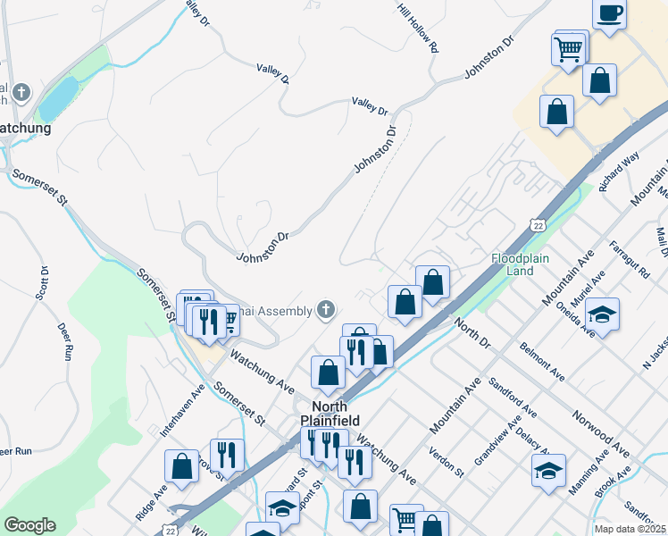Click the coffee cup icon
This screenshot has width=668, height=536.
(610, 14)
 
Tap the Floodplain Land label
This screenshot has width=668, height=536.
(513, 264)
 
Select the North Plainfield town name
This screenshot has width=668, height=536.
(330, 413)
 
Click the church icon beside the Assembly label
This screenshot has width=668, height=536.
(326, 310)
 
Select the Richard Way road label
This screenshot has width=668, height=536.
(620, 172)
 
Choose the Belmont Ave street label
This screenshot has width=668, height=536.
(542, 360)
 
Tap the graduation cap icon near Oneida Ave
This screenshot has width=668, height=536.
(603, 314)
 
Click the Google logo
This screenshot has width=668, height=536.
(29, 525)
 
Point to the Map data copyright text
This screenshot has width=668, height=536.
(629, 529)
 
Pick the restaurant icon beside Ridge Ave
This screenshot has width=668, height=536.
(227, 454)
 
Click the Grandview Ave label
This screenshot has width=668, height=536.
(497, 443)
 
